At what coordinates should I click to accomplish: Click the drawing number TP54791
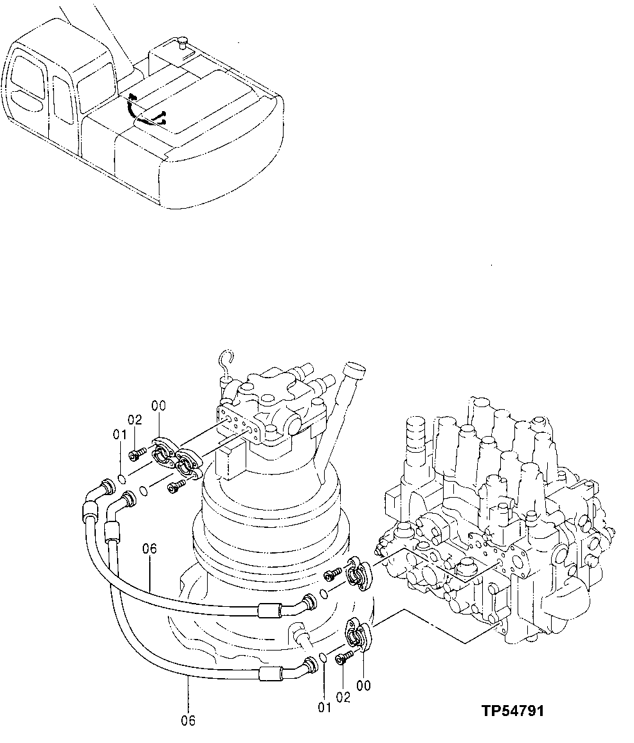coord(511,711)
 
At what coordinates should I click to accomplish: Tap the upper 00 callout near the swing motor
coord(159,405)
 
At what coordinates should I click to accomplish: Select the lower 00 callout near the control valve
coord(363,685)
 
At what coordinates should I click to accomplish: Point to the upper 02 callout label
coord(134,420)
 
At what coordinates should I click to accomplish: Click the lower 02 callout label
coord(343,697)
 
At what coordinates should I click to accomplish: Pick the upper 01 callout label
coord(120,435)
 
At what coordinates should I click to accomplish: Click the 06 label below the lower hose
coord(188,720)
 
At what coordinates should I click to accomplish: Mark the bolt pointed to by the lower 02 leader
coord(344,656)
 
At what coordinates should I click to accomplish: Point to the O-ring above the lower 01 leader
coord(324,659)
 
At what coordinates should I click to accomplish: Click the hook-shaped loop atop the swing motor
coord(224,361)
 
